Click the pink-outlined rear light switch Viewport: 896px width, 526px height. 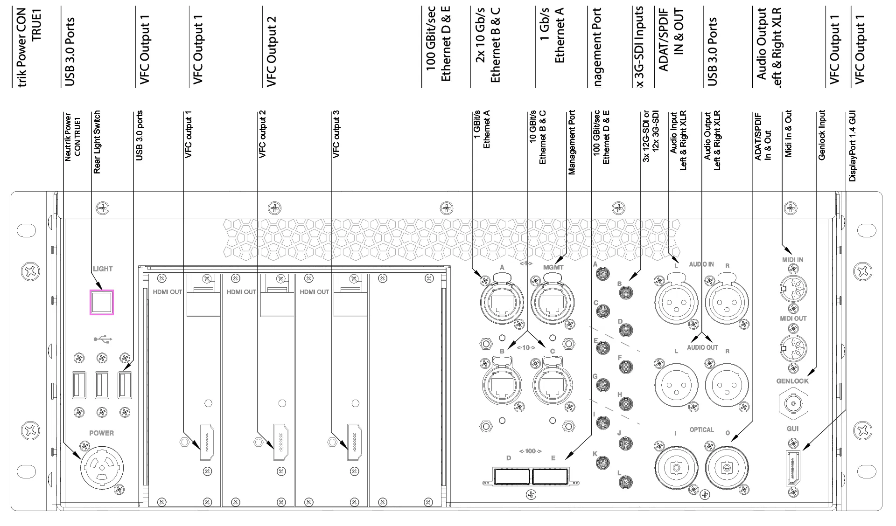click(x=102, y=302)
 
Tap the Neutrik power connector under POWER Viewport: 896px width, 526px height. click(x=102, y=468)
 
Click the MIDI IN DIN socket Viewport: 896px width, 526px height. click(x=793, y=289)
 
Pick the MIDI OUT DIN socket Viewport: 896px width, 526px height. click(x=793, y=348)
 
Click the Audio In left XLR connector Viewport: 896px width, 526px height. click(x=676, y=302)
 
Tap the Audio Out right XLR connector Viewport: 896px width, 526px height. click(x=727, y=385)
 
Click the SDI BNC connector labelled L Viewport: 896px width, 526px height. click(x=625, y=482)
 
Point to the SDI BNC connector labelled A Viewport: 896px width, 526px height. click(x=602, y=274)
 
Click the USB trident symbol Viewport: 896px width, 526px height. click(x=103, y=339)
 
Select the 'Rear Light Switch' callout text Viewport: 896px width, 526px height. click(x=97, y=142)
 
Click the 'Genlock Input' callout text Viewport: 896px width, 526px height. click(x=822, y=135)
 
